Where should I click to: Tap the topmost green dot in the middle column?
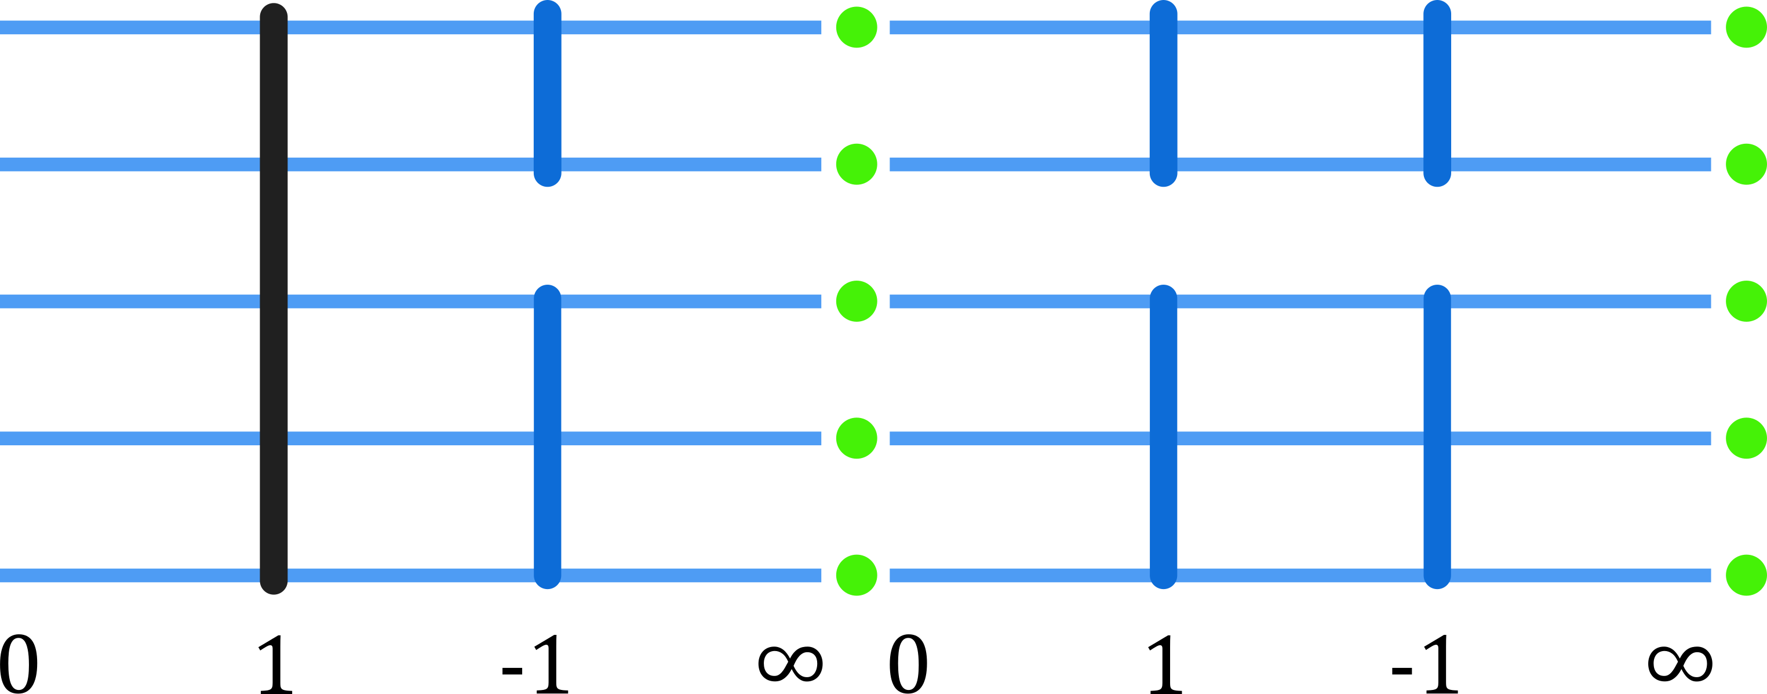click(x=856, y=27)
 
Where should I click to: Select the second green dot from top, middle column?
click(x=856, y=164)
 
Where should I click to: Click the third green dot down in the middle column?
click(x=856, y=301)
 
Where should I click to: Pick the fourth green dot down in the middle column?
click(x=856, y=438)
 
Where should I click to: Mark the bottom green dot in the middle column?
click(x=856, y=575)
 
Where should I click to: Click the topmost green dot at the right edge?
click(x=1746, y=27)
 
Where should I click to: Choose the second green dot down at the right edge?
click(x=1746, y=164)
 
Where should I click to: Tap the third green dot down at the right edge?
click(x=1746, y=301)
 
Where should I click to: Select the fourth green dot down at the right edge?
click(x=1746, y=438)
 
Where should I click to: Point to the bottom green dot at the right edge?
click(x=1746, y=575)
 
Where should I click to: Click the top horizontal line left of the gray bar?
click(x=130, y=27)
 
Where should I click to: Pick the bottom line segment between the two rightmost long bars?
click(x=1300, y=575)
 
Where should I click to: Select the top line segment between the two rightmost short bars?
click(x=1300, y=27)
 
